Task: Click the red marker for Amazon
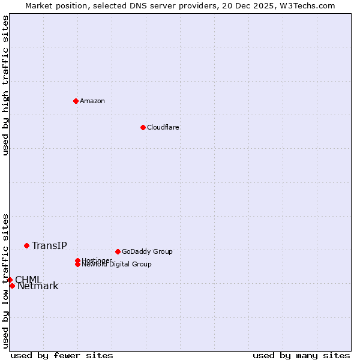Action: (76, 101)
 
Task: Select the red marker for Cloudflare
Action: (143, 127)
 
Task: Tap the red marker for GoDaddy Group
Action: (118, 251)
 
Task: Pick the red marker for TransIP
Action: (26, 245)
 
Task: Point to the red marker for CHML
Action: (10, 280)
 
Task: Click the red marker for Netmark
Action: (12, 286)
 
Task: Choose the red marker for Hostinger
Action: (77, 260)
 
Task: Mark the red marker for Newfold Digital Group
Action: (78, 264)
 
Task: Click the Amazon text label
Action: (92, 101)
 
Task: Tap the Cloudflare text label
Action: (163, 127)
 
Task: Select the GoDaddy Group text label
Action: (147, 251)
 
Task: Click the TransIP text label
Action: (49, 245)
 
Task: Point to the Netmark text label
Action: (38, 286)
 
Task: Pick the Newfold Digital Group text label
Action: (116, 265)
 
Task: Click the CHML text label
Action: (28, 280)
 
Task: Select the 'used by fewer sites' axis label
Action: (62, 355)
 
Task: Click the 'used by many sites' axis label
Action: (301, 355)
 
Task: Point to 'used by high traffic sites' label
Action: (6, 85)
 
